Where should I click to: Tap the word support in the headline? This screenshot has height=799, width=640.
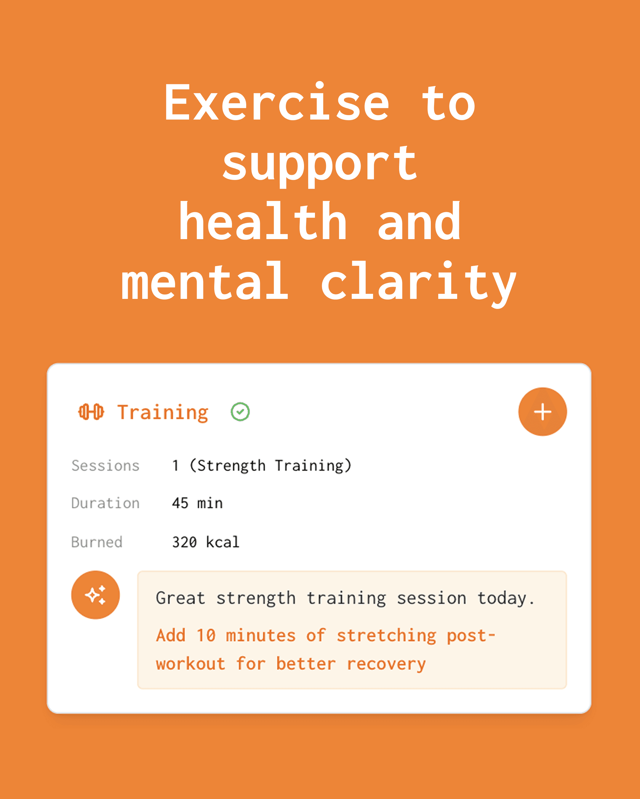pos(320,165)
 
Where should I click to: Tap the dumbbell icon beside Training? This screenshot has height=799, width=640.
pos(91,412)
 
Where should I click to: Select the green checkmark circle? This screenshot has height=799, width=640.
pos(240,412)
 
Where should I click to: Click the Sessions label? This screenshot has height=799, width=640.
pos(105,465)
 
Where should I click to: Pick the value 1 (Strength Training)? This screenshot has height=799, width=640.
pos(262,466)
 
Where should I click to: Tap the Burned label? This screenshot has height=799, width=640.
pos(97,542)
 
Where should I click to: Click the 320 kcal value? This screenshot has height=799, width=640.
pos(206,542)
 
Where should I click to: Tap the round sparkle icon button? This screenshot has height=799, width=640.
pos(95,595)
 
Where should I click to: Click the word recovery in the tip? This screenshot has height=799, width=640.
pos(386,664)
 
